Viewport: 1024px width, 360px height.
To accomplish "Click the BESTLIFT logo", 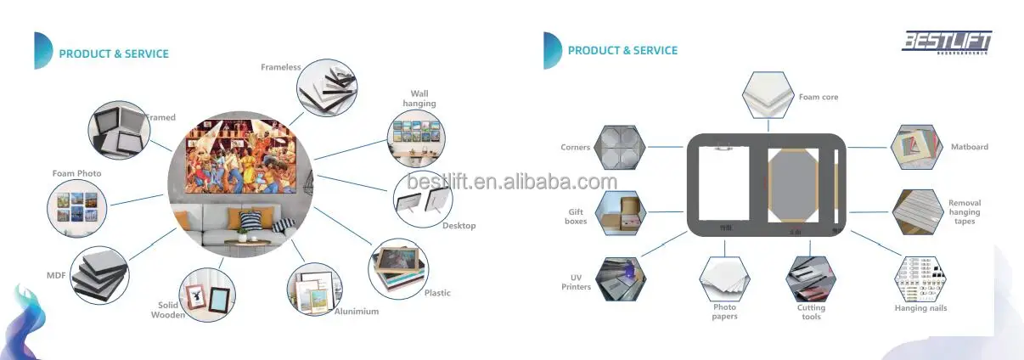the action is pos(946,42).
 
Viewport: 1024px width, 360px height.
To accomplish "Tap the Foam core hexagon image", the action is pos(768,96).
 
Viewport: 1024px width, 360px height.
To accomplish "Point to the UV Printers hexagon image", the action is pos(620,279).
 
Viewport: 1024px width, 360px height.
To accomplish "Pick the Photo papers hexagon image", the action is pos(724,279).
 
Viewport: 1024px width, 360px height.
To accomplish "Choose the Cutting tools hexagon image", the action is pos(812,279).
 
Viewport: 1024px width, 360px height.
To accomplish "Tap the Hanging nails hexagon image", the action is pos(919,278).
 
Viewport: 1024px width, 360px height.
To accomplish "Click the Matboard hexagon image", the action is pos(916,148).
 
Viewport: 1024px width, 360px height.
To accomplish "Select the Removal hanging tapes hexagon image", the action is pos(917,212).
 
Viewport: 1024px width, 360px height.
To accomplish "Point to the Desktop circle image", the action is pos(423,197).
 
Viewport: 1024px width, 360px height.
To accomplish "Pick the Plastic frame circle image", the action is pos(398,267).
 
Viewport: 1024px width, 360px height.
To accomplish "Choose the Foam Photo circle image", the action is pos(76,207).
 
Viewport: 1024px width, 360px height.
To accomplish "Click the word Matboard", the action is pos(969,147).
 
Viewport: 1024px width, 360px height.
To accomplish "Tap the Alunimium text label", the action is pos(356,312).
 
